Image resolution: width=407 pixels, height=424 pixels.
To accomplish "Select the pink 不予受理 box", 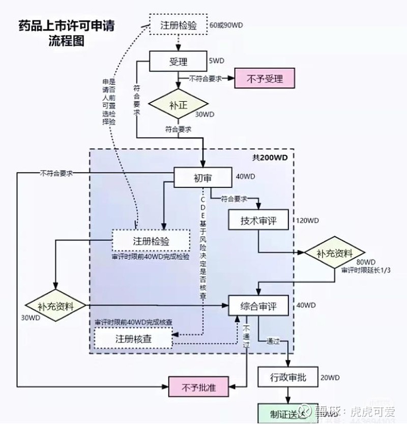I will tap(265, 79).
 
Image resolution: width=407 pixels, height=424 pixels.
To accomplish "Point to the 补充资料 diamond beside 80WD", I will tap(334, 253).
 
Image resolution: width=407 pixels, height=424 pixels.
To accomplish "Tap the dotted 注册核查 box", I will tap(133, 338).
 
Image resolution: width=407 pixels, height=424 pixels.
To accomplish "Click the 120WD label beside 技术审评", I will tap(307, 221).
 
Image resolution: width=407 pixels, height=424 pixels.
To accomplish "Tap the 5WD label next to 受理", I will tap(216, 61).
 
